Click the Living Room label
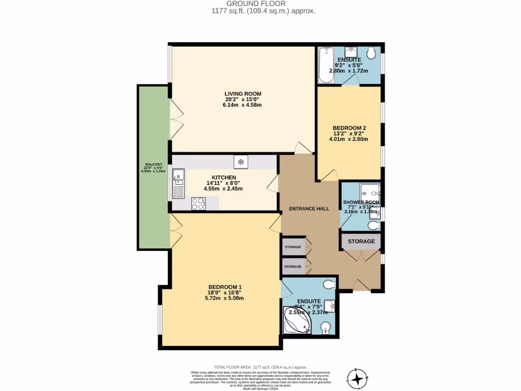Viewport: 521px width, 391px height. tap(243, 94)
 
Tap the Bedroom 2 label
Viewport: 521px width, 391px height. tap(349, 128)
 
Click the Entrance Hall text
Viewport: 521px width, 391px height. tap(309, 209)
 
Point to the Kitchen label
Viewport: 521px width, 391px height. tap(223, 177)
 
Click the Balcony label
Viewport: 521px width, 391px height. tap(154, 164)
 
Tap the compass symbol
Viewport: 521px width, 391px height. tap(359, 377)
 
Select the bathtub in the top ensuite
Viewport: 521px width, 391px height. tap(324, 65)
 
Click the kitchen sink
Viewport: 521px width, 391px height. tap(179, 185)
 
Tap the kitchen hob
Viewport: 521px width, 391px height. tap(197, 204)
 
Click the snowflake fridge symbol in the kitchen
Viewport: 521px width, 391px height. tap(241, 162)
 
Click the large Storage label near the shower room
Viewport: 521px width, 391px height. tap(361, 241)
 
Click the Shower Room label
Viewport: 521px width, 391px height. tap(361, 202)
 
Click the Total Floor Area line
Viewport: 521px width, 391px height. tap(260, 367)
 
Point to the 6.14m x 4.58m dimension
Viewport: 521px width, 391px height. tap(243, 105)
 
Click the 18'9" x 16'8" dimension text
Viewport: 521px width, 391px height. tap(224, 293)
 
